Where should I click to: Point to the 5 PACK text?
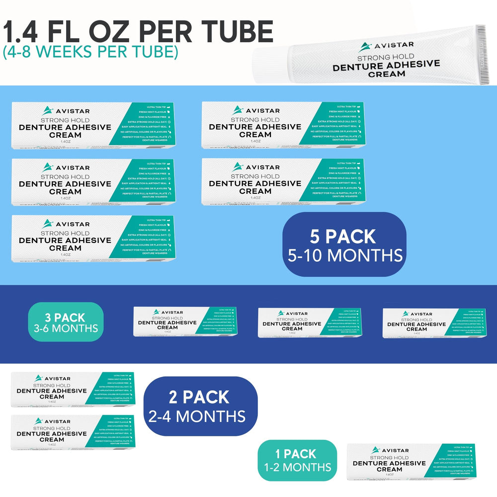(x=343, y=237)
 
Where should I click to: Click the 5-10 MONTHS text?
(x=345, y=255)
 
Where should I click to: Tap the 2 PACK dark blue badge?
(x=200, y=406)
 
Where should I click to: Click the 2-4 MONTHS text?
(x=197, y=415)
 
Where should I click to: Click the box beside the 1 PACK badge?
(x=411, y=461)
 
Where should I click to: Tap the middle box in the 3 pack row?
(x=309, y=323)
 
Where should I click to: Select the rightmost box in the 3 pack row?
(x=434, y=323)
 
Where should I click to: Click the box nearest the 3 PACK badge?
(x=185, y=322)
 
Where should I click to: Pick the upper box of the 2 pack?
(x=73, y=389)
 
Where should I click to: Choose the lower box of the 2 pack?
(x=73, y=432)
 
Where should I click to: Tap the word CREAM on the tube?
(x=386, y=74)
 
